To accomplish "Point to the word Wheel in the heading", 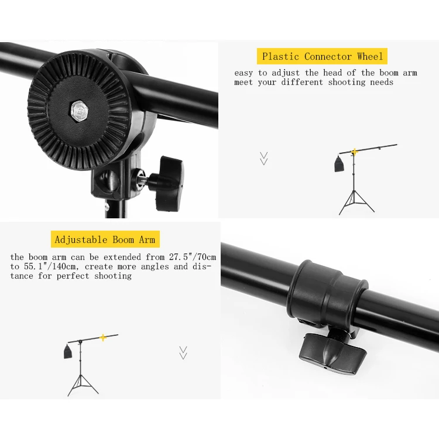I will [369, 57].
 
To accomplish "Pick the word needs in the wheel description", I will [381, 83].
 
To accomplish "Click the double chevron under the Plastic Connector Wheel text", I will [264, 159].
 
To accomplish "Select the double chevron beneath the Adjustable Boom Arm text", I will [183, 352].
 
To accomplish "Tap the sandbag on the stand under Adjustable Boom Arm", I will [67, 352].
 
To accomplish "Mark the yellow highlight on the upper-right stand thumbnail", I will [355, 152].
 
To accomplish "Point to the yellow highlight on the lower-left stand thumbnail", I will [103, 337].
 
